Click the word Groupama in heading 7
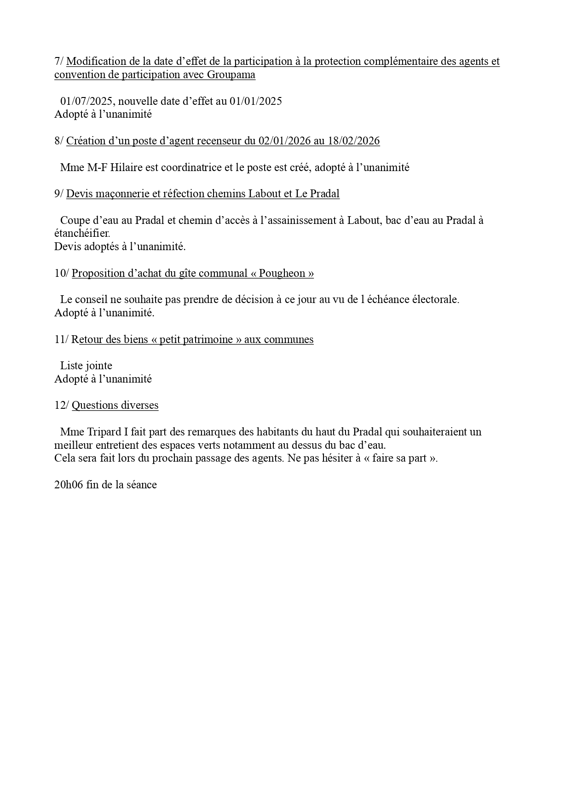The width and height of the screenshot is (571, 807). click(231, 75)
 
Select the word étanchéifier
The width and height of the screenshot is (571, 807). click(82, 233)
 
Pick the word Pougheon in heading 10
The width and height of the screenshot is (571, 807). click(282, 273)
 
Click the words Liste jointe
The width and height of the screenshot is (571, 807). click(86, 366)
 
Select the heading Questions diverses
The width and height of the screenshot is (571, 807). click(115, 405)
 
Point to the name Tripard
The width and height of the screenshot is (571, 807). click(104, 432)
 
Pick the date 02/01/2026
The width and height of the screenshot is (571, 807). click(284, 141)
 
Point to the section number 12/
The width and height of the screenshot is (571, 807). click(62, 405)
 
